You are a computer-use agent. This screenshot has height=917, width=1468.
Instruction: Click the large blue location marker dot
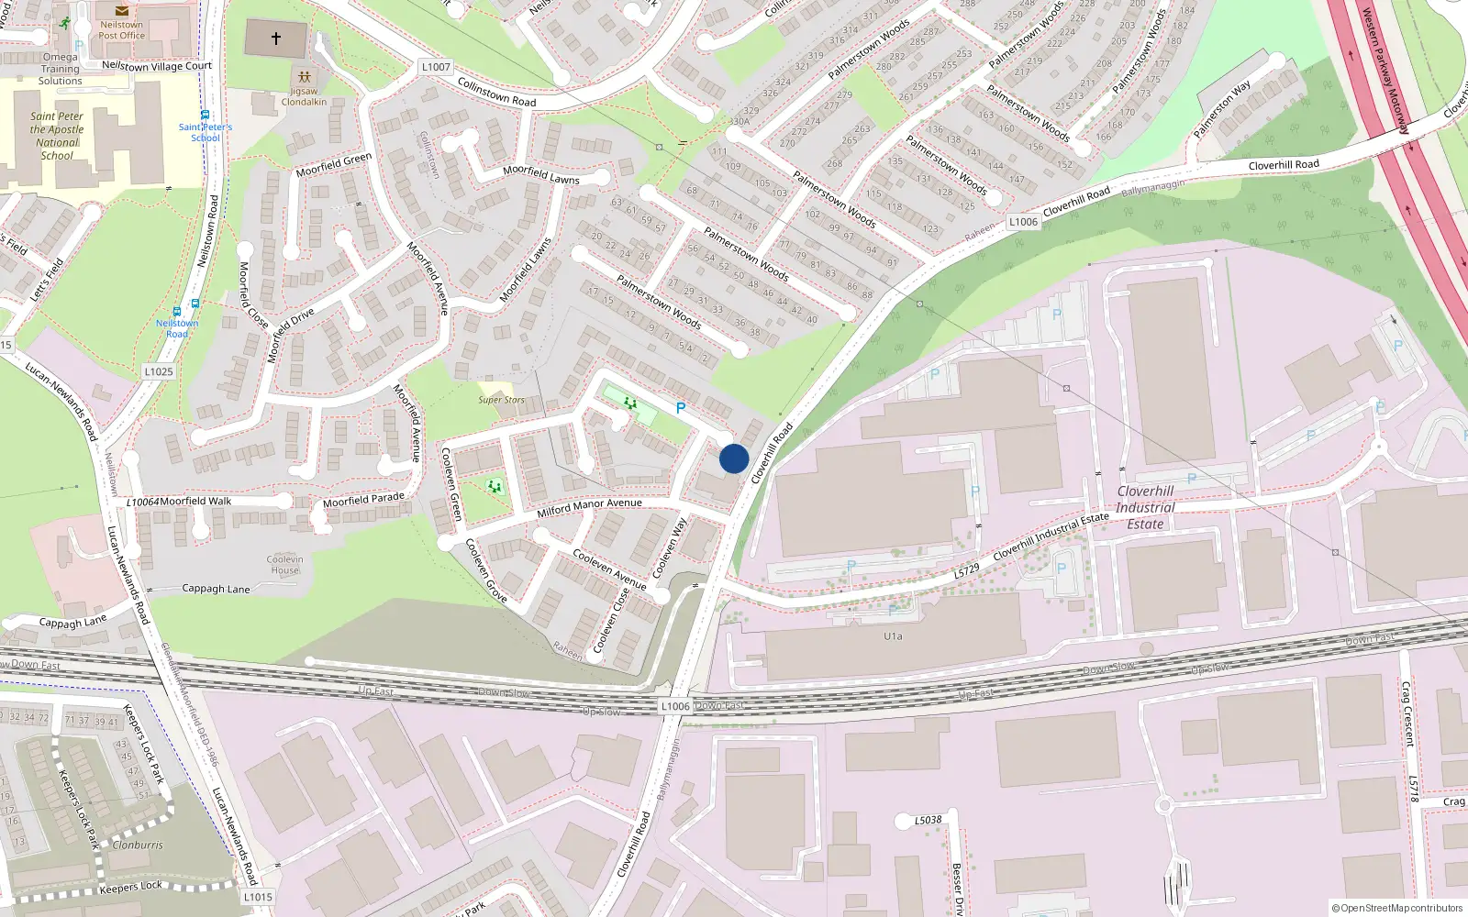pos(734,458)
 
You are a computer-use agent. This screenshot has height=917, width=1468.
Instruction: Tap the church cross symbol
pos(275,39)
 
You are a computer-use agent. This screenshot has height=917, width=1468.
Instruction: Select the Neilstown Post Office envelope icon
pos(122,11)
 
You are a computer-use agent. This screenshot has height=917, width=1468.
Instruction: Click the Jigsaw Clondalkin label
pos(304,96)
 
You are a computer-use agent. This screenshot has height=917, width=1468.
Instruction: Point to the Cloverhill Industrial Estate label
pos(1145,507)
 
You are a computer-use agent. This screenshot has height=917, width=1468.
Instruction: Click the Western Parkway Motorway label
pos(1385,72)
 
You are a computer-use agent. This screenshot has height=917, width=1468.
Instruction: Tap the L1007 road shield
pos(436,67)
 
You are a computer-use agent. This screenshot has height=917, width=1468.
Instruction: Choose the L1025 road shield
pos(159,371)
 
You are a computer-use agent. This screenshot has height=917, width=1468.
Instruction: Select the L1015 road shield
pos(258,897)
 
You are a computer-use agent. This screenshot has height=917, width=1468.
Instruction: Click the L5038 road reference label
pos(929,820)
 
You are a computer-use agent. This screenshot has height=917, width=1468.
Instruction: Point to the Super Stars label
pos(502,400)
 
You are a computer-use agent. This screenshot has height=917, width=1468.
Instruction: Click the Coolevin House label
pos(284,564)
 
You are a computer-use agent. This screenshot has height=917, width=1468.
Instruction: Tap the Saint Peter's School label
pos(206,132)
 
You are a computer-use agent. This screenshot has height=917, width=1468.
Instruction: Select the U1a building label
pos(893,635)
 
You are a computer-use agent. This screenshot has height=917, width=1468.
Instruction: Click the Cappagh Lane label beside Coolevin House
pos(216,589)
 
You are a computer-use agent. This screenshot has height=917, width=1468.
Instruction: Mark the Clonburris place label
pos(138,845)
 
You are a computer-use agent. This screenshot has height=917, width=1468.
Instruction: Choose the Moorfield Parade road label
pos(363,500)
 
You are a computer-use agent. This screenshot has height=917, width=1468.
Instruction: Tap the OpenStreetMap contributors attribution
pos(1396,908)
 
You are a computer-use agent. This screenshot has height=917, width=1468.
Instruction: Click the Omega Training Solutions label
pos(61,69)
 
